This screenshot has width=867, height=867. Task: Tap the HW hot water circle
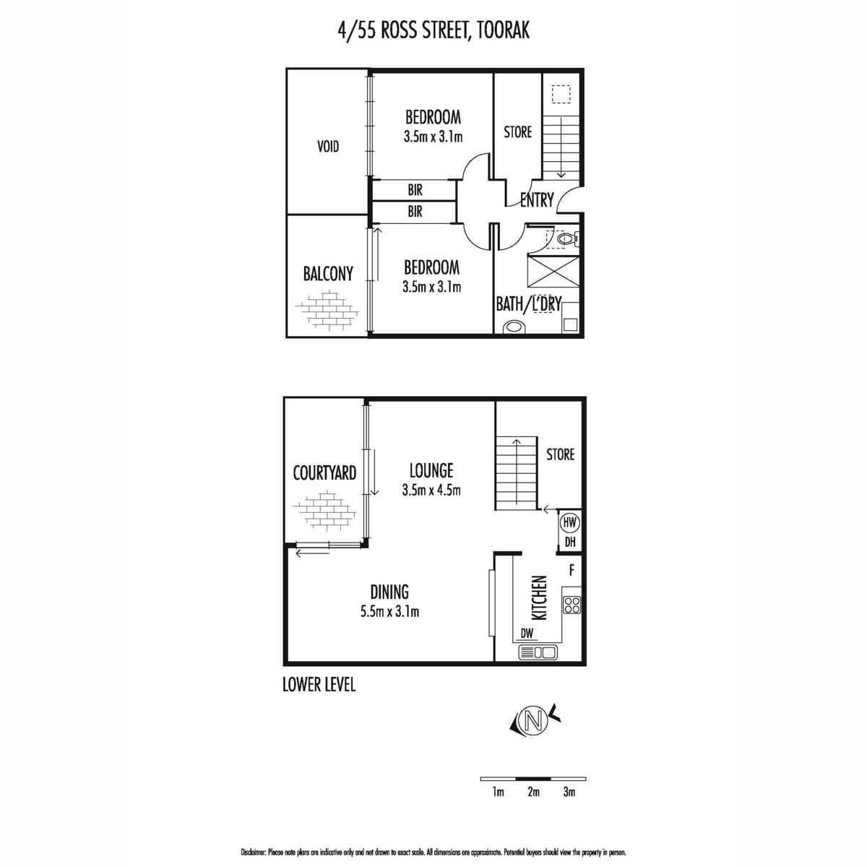coord(569,522)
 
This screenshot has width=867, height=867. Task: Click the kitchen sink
coord(538,652)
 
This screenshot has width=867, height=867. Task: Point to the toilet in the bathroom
coord(568,239)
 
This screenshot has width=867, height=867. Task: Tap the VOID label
coord(328,147)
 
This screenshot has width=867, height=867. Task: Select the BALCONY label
coord(328,274)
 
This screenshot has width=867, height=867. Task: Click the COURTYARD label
coord(324,473)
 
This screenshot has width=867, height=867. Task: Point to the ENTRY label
coord(537,200)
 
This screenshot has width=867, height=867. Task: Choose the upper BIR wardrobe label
coord(415,190)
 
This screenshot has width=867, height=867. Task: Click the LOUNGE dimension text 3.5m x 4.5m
coord(431,490)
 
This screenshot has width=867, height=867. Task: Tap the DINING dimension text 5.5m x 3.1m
coord(389,611)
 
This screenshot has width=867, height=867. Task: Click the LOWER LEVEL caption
coord(319,684)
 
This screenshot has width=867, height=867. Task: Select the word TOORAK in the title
coord(503,30)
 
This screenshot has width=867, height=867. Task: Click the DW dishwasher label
coord(527,634)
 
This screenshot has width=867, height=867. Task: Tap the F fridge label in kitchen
coord(571,571)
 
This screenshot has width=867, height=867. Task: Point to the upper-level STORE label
coord(518,132)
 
